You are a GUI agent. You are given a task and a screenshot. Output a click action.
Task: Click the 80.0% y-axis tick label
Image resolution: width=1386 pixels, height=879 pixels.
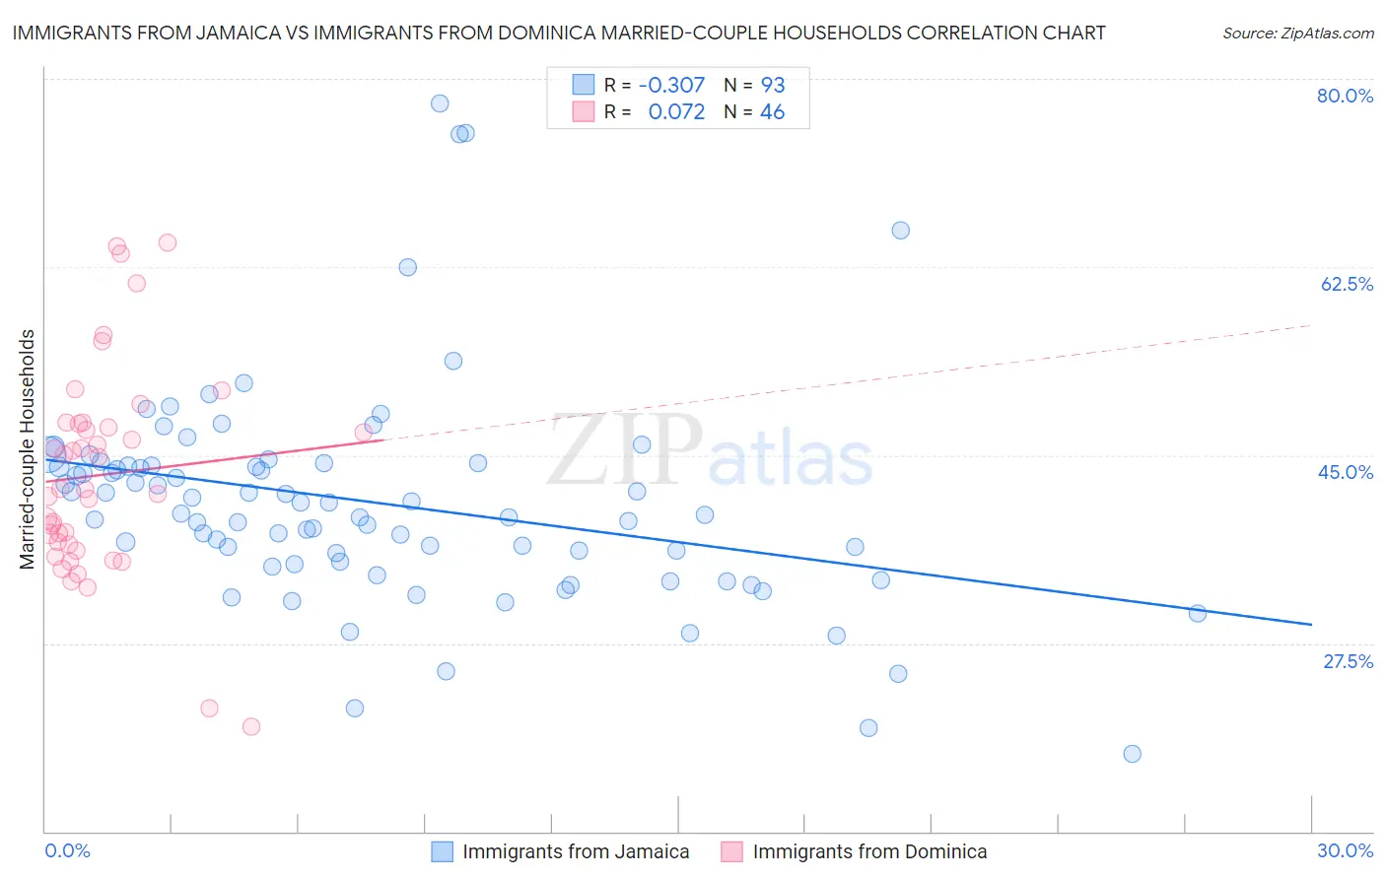pyautogui.click(x=1345, y=96)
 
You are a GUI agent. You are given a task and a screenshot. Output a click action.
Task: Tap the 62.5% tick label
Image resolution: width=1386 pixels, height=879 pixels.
pyautogui.click(x=1347, y=284)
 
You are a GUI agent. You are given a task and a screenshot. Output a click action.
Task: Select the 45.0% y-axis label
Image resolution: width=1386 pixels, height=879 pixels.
pyautogui.click(x=1346, y=472)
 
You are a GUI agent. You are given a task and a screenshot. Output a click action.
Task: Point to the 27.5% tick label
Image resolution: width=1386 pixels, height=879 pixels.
pyautogui.click(x=1348, y=661)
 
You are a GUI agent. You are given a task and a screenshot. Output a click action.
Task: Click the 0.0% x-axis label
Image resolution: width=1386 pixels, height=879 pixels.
pyautogui.click(x=67, y=850)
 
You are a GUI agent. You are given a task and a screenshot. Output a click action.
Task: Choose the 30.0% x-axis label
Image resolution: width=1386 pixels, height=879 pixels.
pyautogui.click(x=1345, y=850)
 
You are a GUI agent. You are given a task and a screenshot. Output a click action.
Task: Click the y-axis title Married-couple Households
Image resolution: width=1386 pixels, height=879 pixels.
pyautogui.click(x=28, y=448)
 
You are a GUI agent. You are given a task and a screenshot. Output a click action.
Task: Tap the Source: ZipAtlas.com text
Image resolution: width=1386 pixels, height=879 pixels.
pyautogui.click(x=1297, y=34)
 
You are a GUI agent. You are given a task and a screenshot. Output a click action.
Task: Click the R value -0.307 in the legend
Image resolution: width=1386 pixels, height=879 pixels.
pyautogui.click(x=671, y=85)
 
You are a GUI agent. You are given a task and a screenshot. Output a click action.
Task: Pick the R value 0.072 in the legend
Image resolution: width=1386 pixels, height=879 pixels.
pyautogui.click(x=676, y=112)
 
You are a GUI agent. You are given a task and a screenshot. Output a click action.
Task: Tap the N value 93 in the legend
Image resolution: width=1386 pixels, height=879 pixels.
pyautogui.click(x=773, y=85)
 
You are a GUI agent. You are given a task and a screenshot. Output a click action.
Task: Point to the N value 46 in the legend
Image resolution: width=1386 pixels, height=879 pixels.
pyautogui.click(x=773, y=112)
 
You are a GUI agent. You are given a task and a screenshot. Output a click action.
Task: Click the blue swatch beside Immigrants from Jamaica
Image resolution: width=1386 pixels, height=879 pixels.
pyautogui.click(x=442, y=851)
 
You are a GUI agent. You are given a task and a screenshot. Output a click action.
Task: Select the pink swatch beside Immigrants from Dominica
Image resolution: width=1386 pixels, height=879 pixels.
pyautogui.click(x=731, y=851)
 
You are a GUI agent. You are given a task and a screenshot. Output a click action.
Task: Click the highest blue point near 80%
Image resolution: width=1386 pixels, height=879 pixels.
pyautogui.click(x=440, y=103)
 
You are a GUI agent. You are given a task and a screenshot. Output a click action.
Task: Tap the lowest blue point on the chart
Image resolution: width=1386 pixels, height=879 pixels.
pyautogui.click(x=1132, y=754)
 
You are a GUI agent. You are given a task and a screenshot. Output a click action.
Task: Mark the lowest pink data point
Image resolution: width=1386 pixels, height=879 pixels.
pyautogui.click(x=251, y=726)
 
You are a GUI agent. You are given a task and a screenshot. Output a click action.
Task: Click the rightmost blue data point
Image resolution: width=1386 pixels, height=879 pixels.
pyautogui.click(x=1198, y=613)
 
